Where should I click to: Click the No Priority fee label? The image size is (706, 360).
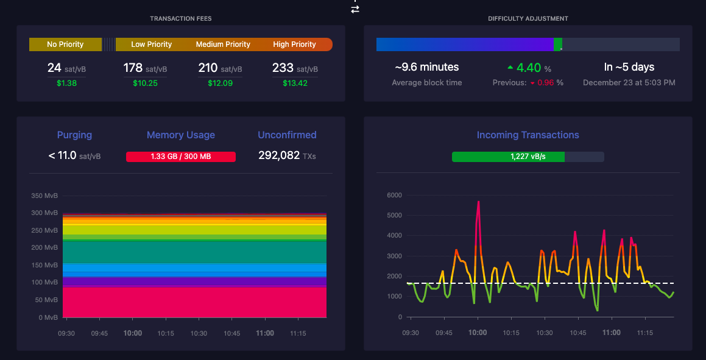(65, 44)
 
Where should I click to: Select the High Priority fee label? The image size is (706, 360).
(294, 44)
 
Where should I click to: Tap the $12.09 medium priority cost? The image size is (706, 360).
(220, 83)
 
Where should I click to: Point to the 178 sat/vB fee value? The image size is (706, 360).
(145, 68)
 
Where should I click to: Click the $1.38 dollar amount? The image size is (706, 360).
(66, 83)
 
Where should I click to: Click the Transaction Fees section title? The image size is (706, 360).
(180, 18)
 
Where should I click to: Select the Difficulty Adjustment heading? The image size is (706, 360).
(528, 18)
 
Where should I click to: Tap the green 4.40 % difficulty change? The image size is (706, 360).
(529, 68)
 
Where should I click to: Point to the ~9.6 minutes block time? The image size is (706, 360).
(427, 67)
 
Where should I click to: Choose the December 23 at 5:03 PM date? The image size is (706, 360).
(629, 83)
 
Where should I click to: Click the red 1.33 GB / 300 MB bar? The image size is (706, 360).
(180, 157)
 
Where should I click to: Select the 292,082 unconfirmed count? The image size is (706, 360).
(279, 155)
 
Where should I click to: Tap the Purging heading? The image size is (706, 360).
(74, 135)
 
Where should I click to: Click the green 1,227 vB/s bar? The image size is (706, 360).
(509, 157)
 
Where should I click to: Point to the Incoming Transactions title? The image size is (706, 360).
(528, 135)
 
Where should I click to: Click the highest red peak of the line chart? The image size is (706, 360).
(478, 202)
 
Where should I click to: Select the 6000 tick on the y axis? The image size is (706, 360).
(395, 196)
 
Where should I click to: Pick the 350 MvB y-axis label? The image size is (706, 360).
(44, 196)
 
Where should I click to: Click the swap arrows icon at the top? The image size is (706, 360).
(355, 9)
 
